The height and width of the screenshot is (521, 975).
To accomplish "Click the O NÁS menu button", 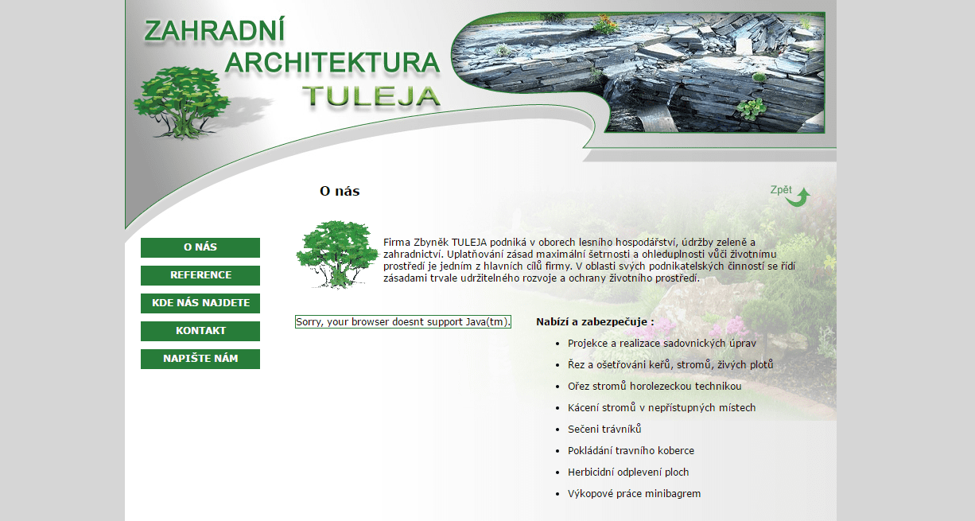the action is [200, 247].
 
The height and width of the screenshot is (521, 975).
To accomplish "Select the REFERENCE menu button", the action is [200, 275].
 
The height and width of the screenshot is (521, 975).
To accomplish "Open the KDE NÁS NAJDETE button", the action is [200, 303].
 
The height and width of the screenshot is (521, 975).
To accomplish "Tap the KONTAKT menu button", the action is [200, 331].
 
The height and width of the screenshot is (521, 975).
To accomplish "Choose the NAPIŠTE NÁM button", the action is [200, 359].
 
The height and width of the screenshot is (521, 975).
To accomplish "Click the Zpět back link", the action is [781, 190].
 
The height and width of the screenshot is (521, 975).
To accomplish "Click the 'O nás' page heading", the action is [340, 191].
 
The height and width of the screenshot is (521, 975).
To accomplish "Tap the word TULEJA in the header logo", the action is [371, 96].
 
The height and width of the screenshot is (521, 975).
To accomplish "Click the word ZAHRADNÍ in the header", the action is [214, 30].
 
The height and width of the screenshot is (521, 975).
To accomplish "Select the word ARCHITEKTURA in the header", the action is [332, 62].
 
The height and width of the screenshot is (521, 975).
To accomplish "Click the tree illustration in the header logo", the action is [181, 103].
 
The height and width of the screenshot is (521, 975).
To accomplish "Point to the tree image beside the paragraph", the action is [337, 255].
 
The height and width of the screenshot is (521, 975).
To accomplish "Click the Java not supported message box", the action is [403, 322].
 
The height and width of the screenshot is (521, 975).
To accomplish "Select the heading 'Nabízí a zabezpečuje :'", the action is [595, 322].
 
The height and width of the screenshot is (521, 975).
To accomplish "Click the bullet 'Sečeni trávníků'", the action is [604, 430].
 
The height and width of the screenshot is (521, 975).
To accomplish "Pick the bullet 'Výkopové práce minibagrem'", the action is [634, 494].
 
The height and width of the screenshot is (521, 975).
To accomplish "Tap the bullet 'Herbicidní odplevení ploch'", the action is [628, 472].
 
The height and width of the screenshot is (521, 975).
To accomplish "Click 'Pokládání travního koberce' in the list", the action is [631, 451].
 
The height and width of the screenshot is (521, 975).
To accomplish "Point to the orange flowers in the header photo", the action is [605, 24].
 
